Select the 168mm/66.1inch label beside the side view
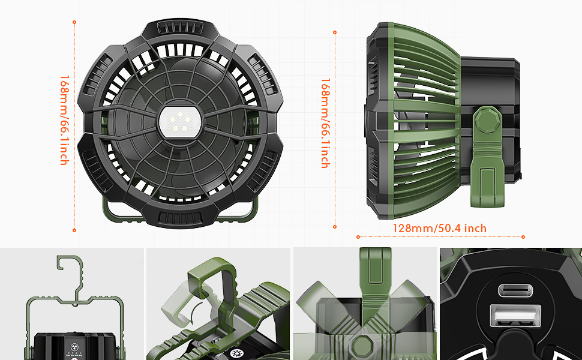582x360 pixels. click(325, 123)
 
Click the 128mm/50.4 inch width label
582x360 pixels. click(439, 228)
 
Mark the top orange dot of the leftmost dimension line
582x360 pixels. click(74, 22)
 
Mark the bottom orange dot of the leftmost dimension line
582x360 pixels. click(74, 230)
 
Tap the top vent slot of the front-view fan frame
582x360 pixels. click(180, 28)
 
